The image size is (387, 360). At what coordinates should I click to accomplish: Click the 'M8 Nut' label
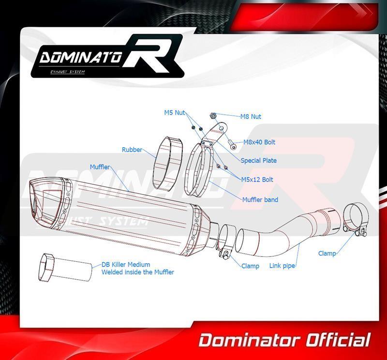(251, 117)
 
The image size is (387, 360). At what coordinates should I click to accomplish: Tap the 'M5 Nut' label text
(175, 113)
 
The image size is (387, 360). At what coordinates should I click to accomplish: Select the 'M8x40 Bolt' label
(259, 142)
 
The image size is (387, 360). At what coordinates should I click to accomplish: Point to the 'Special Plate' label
(259, 161)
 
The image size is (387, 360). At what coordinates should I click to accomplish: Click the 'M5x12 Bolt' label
(257, 180)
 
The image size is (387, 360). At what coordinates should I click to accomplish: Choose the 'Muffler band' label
(260, 199)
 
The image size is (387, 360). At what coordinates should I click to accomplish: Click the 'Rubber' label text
(132, 150)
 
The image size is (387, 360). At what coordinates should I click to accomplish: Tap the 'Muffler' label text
(100, 167)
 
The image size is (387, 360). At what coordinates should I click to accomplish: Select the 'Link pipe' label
(282, 266)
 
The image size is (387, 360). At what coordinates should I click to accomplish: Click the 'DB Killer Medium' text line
(126, 265)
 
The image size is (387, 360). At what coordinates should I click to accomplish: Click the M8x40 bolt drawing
(232, 144)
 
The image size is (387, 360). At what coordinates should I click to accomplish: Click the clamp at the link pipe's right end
(357, 221)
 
